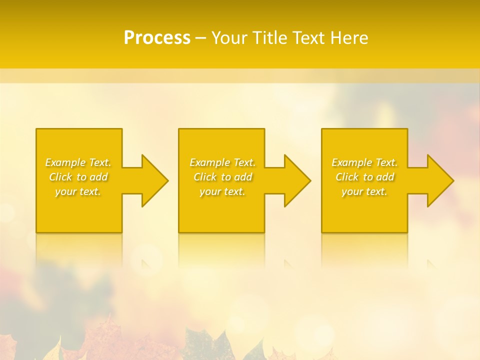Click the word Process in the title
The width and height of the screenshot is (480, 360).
157,38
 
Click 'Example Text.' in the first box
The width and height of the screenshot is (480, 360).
78,162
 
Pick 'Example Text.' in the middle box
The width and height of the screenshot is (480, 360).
222,162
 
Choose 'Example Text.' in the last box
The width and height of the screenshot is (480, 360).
364,162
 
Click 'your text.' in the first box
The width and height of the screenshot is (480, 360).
78,191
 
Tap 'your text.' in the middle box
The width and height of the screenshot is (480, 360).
222,191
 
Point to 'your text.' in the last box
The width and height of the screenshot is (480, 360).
364,191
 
